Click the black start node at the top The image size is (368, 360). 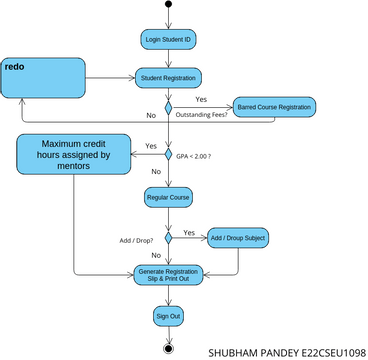(168, 5)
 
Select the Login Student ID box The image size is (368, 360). (168, 39)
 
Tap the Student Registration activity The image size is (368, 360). (169, 77)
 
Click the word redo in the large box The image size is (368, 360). (15, 67)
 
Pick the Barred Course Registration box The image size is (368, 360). (273, 106)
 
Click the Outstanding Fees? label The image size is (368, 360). (201, 117)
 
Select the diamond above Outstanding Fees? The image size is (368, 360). (169, 107)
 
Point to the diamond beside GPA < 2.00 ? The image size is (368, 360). (169, 155)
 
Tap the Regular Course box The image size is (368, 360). (168, 197)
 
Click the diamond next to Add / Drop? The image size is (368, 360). (169, 238)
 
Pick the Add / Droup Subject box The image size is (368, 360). (238, 238)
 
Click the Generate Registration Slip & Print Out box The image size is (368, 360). (168, 274)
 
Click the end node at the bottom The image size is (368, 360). (168, 347)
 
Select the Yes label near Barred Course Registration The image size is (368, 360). (201, 99)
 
